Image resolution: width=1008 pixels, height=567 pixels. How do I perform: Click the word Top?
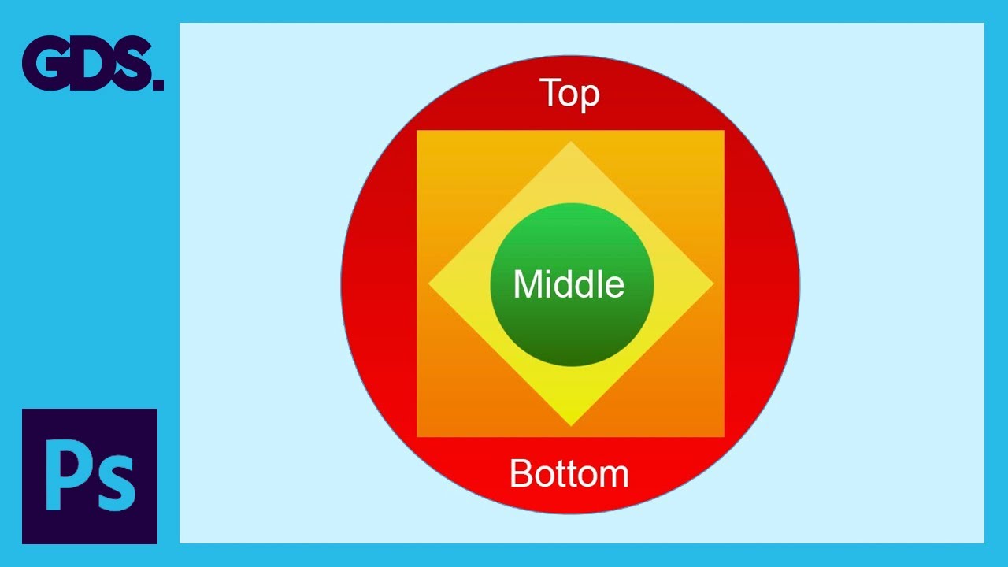point(572,94)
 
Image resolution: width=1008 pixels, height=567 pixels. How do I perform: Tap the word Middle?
point(569,284)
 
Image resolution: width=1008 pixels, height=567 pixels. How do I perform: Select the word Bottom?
point(569,473)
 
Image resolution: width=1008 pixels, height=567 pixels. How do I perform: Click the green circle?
point(572,284)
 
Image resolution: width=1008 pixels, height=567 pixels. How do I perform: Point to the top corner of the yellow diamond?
point(571,141)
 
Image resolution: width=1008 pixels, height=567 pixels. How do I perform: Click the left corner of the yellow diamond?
point(428,284)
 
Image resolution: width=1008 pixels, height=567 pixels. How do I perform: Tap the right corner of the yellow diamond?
point(713,284)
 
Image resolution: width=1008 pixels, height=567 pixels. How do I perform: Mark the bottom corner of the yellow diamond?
point(571,426)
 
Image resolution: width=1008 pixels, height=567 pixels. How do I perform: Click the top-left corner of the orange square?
point(417,131)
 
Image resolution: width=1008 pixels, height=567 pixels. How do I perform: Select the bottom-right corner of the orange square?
point(724,436)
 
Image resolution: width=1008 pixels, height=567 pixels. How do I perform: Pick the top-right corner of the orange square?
point(724,131)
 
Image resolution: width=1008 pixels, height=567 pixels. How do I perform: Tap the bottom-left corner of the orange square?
point(417,436)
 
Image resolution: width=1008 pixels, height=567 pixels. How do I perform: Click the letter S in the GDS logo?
point(131,64)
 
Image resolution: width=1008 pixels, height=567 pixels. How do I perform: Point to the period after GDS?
point(158,84)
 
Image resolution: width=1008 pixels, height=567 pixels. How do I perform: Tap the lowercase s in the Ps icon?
point(113,484)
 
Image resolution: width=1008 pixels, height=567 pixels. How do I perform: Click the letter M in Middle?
point(528,284)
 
